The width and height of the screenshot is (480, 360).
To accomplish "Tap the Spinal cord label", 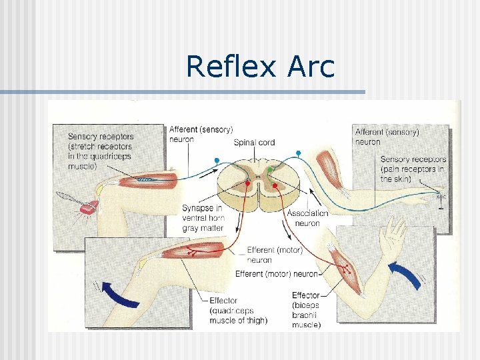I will click(254, 142).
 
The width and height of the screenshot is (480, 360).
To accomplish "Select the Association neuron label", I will click(307, 218).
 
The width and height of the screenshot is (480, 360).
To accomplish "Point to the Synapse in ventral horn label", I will click(203, 218).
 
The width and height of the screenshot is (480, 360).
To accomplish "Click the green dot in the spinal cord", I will click(270, 171).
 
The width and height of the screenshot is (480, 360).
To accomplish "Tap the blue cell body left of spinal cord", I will click(217, 161).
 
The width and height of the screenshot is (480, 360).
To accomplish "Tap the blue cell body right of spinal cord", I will click(299, 153).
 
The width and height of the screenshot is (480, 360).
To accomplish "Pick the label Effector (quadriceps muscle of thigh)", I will click(238, 311).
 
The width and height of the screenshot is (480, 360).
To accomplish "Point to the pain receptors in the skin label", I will click(413, 169).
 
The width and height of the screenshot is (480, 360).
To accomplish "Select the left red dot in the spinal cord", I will click(248, 183).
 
